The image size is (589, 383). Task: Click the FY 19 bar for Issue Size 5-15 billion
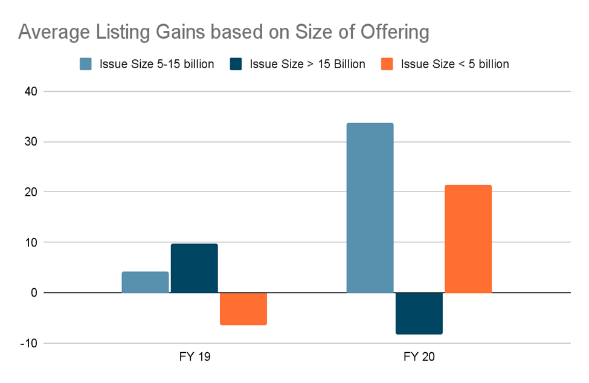(145, 282)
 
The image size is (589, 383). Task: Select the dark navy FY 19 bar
(195, 268)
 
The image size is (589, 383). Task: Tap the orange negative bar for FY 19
(243, 309)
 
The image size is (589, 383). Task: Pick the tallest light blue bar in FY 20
(370, 208)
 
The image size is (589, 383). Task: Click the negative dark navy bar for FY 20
(419, 313)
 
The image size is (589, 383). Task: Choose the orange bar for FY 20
(468, 239)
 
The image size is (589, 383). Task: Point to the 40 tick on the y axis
(31, 92)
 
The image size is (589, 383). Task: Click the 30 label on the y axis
(31, 142)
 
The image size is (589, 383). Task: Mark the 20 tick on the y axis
(31, 192)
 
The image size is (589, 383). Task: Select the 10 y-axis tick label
(31, 242)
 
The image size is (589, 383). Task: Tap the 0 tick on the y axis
(34, 293)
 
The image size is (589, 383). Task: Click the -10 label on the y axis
(29, 343)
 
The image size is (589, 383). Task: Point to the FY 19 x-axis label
(194, 356)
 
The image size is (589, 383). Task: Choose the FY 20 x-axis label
(419, 356)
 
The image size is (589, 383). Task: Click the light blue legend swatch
(86, 64)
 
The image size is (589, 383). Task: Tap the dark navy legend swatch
(236, 64)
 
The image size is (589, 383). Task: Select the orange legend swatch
(387, 64)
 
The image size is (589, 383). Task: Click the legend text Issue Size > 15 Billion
(307, 64)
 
